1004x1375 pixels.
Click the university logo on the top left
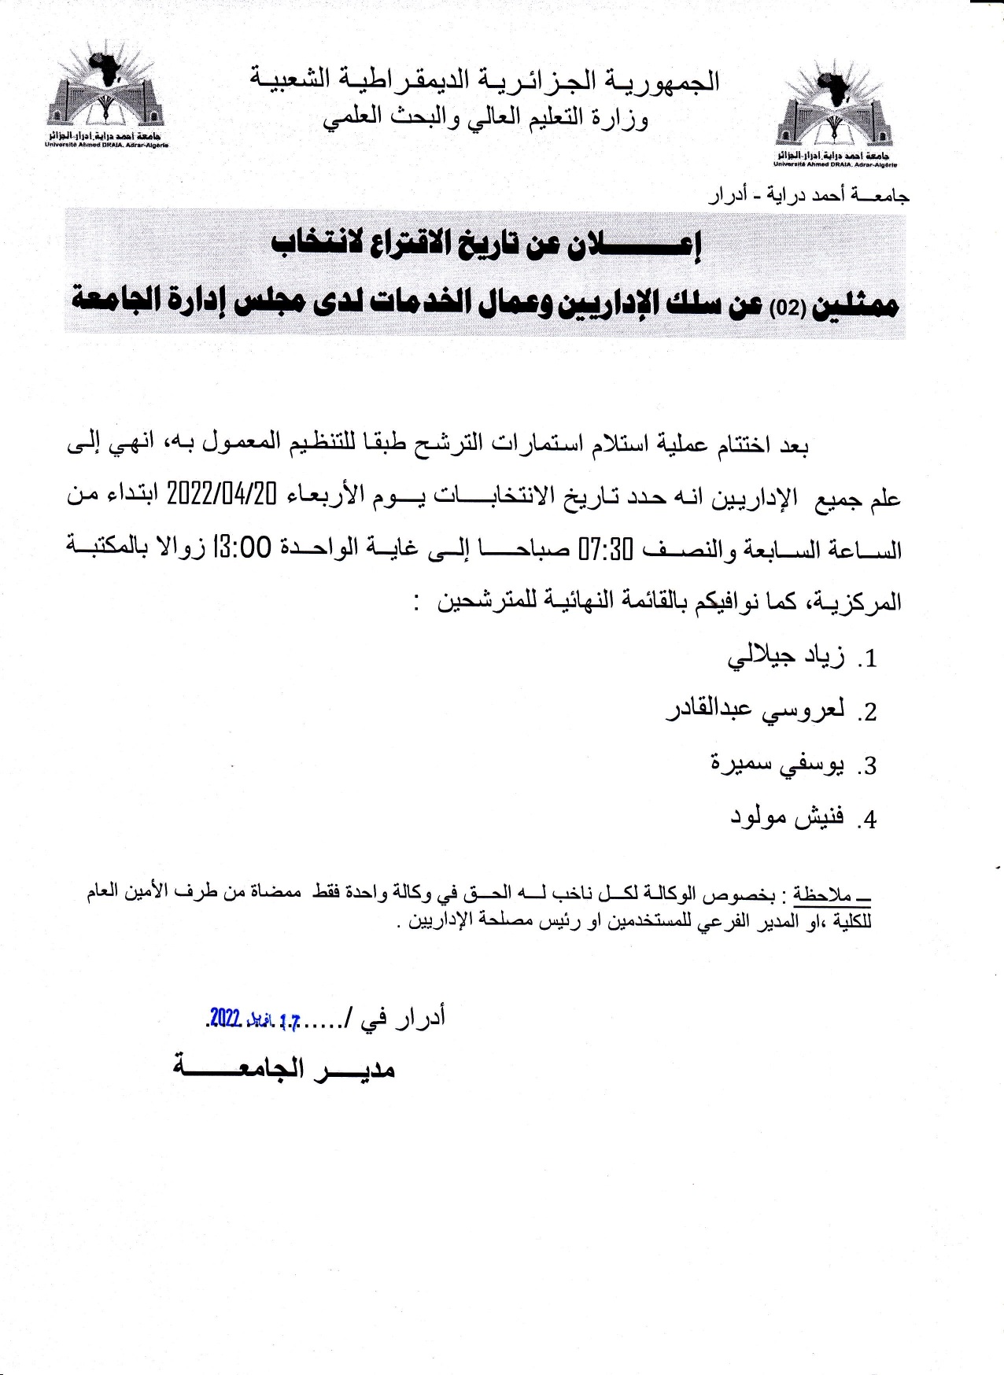click(x=106, y=93)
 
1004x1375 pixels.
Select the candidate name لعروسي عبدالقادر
click(x=755, y=710)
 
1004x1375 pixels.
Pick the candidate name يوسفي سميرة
click(x=777, y=764)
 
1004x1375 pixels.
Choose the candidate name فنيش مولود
click(x=786, y=817)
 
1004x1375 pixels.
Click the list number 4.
click(x=868, y=820)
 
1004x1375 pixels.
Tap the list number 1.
click(x=868, y=659)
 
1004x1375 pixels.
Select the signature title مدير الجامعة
click(x=283, y=1069)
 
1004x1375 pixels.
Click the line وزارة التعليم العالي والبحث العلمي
click(x=485, y=118)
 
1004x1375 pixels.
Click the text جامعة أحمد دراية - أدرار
click(x=809, y=195)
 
